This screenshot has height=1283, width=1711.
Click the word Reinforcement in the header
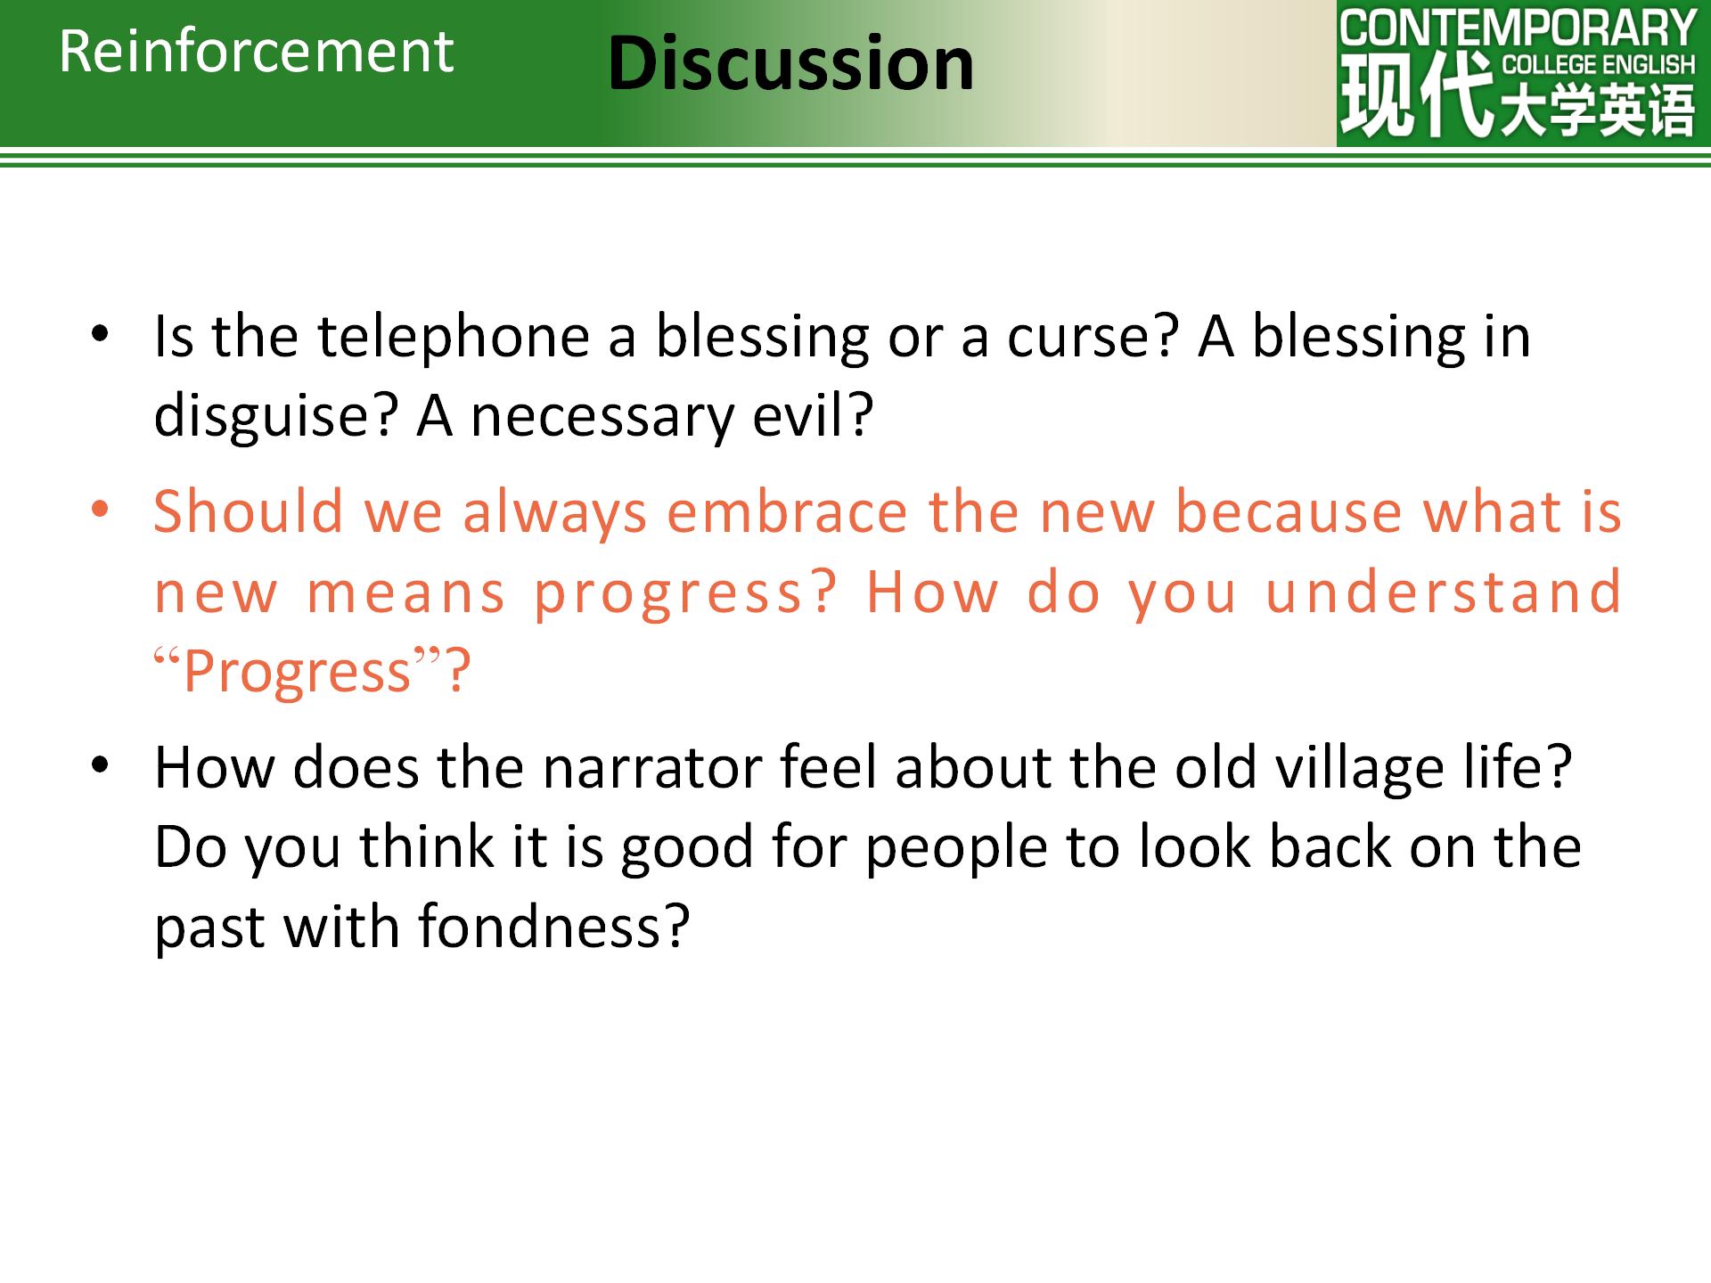[x=257, y=51]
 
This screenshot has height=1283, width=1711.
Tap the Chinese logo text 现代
[x=1416, y=94]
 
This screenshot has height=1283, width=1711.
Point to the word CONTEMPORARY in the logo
[x=1518, y=28]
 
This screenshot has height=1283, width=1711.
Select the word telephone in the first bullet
[x=454, y=337]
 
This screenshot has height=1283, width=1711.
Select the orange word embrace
[x=787, y=511]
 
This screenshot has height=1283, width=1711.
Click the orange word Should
[x=249, y=511]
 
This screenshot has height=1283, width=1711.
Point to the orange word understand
[x=1444, y=592]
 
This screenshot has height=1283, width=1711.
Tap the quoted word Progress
[x=298, y=671]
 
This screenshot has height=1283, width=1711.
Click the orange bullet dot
[x=100, y=509]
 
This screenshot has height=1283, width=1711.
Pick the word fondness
[x=540, y=926]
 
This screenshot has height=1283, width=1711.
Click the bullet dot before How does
[x=100, y=764]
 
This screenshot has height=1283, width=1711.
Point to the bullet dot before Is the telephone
[x=100, y=334]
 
